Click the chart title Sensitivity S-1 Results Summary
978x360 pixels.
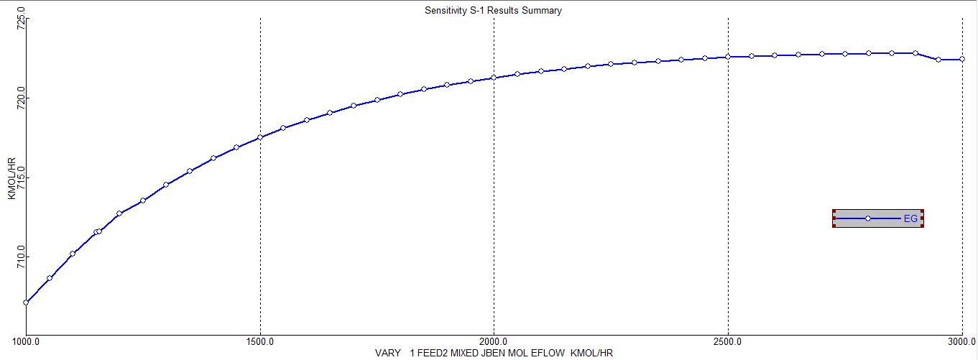click(x=493, y=10)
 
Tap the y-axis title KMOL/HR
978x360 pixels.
click(x=11, y=179)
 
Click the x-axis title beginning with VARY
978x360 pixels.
click(x=493, y=354)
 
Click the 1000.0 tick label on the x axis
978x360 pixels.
click(x=26, y=341)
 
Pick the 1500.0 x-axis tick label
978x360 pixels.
click(x=260, y=341)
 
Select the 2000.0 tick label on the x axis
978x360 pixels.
click(x=494, y=341)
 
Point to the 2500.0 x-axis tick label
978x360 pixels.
click(x=728, y=341)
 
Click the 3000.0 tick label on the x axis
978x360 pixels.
click(x=961, y=341)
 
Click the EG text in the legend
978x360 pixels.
click(x=910, y=218)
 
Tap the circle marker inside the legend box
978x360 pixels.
click(x=868, y=218)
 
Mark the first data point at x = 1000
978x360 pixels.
click(x=26, y=303)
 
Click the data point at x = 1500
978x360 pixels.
click(x=260, y=137)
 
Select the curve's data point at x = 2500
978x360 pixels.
click(x=728, y=57)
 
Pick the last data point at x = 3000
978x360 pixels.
click(x=962, y=60)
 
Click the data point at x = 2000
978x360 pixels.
click(x=494, y=78)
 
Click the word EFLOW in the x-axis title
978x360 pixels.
click(x=553, y=354)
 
